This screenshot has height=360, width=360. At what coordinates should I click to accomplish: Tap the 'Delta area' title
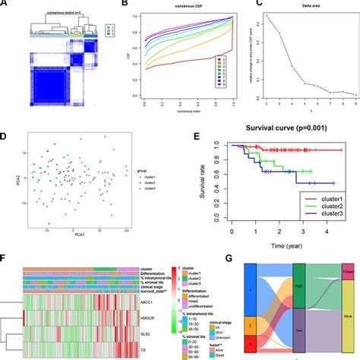pos(303,13)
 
